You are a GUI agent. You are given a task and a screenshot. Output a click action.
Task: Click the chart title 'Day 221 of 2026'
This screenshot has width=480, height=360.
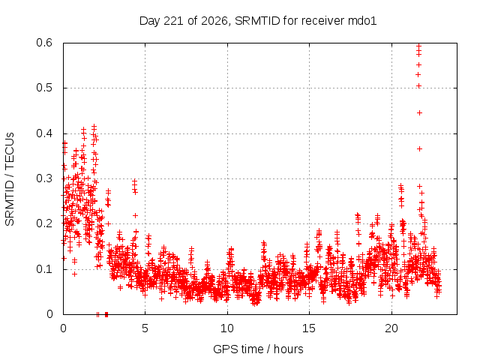184,21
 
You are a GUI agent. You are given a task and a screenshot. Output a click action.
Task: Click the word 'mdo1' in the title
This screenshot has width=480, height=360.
362,21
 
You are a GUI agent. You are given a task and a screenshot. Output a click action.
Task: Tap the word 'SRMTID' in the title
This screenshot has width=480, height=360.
257,21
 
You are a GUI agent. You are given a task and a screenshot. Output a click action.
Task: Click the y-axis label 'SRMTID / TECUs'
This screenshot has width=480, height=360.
10,179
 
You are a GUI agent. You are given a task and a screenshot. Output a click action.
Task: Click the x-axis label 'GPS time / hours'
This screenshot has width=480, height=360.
258,349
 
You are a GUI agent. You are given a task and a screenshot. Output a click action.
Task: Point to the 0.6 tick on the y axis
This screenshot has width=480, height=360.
44,43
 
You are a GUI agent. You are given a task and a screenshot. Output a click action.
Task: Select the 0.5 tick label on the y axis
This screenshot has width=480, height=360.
44,88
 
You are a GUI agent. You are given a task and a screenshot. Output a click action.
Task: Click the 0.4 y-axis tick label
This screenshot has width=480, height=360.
44,133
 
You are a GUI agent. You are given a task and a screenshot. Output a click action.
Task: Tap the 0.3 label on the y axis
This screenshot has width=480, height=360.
44,178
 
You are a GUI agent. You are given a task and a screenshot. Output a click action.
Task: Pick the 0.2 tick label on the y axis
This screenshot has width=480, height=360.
44,223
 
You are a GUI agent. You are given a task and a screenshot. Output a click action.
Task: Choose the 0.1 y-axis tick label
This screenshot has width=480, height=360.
44,269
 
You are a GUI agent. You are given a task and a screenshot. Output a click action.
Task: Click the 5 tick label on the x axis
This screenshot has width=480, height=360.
145,328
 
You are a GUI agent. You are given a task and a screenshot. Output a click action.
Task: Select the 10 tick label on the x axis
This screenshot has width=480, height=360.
227,328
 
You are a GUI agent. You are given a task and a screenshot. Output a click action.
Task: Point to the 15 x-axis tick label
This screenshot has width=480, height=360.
309,328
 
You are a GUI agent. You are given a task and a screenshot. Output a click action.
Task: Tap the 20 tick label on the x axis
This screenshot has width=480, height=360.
391,328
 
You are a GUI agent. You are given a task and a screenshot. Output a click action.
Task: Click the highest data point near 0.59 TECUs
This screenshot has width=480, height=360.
418,46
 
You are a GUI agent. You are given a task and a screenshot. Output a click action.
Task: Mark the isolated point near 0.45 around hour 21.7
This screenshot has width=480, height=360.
419,113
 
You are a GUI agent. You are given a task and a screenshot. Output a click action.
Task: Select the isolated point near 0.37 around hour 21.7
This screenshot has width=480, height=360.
419,148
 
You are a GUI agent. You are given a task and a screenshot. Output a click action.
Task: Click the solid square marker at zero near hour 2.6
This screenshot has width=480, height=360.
106,314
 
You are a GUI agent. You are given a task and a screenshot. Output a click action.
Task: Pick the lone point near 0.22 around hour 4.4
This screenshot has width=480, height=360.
135,215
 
